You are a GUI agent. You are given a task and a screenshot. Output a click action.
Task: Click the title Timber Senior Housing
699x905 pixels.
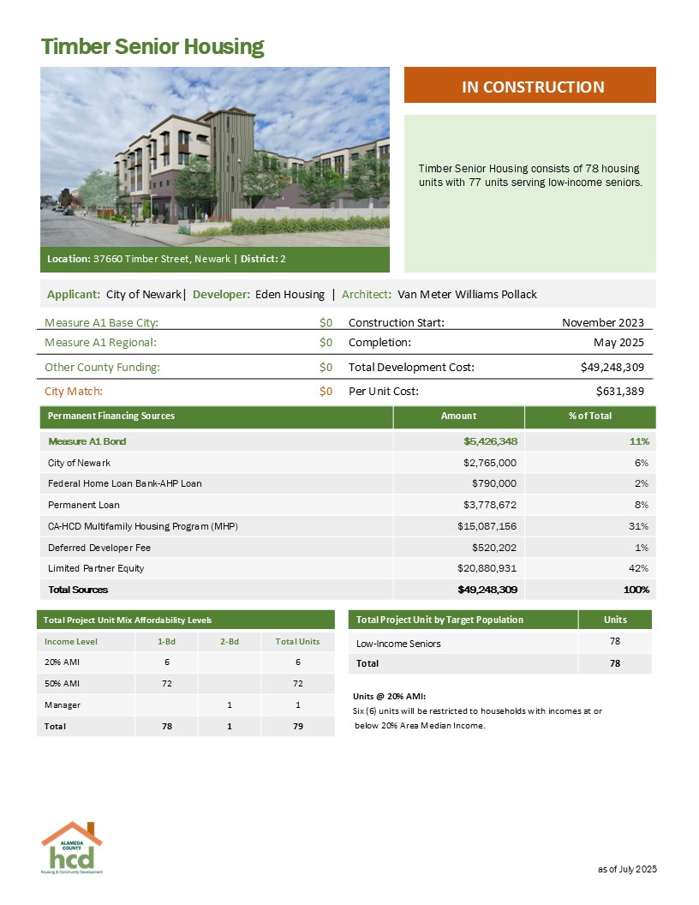(152, 46)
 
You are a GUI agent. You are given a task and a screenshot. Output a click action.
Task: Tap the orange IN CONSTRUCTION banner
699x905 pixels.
(529, 87)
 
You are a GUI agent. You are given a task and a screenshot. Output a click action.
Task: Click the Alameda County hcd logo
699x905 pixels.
(72, 848)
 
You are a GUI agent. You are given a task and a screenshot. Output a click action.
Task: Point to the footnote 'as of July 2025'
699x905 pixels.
(627, 869)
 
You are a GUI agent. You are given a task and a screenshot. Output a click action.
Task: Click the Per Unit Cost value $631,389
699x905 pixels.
(619, 391)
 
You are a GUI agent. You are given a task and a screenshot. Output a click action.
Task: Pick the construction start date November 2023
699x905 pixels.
(602, 322)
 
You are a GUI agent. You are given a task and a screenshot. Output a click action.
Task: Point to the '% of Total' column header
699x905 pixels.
(590, 416)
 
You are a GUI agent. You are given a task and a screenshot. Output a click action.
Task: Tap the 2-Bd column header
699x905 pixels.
(228, 641)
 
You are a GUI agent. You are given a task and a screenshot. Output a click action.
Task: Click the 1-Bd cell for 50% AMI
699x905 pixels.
(166, 684)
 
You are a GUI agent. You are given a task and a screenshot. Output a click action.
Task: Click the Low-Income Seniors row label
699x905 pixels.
(398, 643)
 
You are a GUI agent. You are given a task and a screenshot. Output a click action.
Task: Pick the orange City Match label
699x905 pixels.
(74, 391)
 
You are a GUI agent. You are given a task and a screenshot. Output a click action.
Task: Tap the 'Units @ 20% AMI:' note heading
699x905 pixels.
(390, 696)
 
